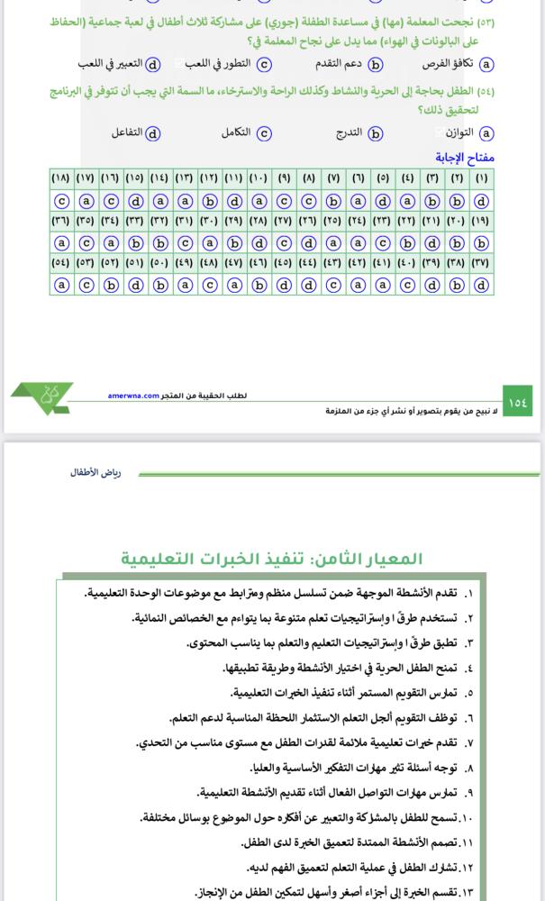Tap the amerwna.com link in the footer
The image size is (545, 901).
pyautogui.click(x=133, y=395)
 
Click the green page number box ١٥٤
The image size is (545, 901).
pyautogui.click(x=520, y=402)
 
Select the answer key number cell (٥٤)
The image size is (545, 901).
pyautogui.click(x=61, y=264)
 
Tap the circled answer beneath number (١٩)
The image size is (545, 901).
pyautogui.click(x=481, y=242)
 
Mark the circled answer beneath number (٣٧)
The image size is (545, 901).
pyautogui.click(x=481, y=285)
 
